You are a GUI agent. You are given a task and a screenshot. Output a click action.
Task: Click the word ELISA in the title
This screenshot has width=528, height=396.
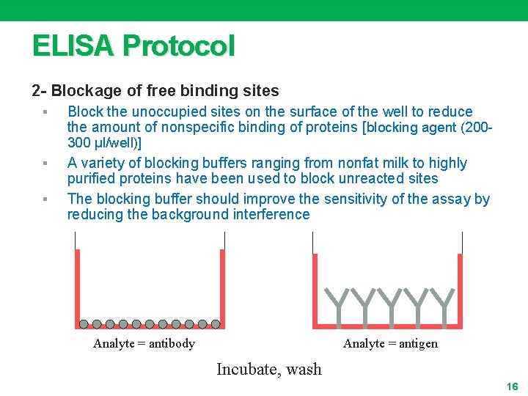pos(73,46)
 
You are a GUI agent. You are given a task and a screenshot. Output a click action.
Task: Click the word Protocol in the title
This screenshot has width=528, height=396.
pos(179,46)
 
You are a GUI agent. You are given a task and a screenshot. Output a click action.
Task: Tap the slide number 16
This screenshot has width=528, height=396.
pos(512,386)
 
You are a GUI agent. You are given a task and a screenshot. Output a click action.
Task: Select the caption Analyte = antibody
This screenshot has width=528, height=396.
pos(144,344)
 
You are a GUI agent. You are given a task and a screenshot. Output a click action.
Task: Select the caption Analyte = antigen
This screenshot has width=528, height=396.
pos(390,344)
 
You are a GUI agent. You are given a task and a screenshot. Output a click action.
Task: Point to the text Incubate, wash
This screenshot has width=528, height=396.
pos(268,369)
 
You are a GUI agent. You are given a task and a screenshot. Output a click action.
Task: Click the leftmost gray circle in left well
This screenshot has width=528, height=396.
pos(84,323)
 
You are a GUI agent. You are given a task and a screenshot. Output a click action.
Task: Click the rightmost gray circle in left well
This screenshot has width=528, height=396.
pos(216,323)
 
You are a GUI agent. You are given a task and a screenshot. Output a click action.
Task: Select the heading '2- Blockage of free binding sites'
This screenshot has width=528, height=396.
pos(155,91)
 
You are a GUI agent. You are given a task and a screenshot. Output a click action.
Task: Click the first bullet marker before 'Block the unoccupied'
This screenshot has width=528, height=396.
pos(45,112)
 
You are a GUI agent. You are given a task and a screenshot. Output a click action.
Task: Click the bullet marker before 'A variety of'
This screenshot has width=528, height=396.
pos(45,164)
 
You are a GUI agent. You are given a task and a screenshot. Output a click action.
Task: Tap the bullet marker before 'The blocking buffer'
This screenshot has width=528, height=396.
pos(45,199)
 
